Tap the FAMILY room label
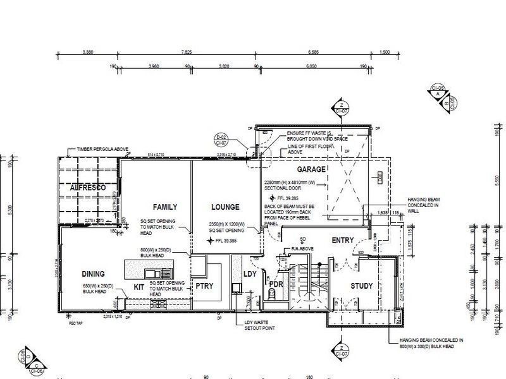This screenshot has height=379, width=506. pos(164,207)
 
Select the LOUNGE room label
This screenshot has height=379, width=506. pos(226,207)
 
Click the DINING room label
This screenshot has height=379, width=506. pos(92,274)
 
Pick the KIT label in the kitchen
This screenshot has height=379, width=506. pos(139,286)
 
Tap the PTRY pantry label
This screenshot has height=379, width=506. pos(204,286)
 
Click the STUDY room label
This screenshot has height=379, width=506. pos(361,286)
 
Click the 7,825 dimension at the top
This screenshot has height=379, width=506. pos(186,52)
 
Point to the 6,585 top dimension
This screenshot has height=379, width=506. pos(316,52)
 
